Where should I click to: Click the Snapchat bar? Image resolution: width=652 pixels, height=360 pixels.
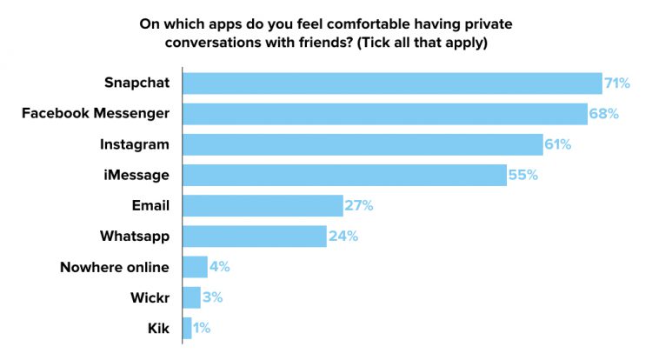click(392, 83)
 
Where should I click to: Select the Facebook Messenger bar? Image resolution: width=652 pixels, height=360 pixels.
click(385, 114)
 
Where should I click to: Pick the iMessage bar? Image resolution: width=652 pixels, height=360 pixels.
click(344, 175)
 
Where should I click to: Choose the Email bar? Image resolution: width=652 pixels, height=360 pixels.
click(263, 205)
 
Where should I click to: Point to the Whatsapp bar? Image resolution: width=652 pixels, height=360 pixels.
click(255, 236)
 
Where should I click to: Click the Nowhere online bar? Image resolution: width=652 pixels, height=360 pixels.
click(195, 266)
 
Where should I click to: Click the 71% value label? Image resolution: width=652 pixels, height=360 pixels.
click(617, 83)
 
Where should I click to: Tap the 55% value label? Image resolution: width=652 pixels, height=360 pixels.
click(522, 175)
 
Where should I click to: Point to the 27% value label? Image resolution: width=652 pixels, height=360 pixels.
click(358, 205)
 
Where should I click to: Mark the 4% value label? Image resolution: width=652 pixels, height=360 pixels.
click(219, 266)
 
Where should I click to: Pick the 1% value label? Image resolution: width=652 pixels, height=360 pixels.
click(202, 328)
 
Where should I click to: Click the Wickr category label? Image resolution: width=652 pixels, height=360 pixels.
click(150, 297)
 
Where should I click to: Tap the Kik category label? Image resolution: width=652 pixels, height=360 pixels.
click(157, 328)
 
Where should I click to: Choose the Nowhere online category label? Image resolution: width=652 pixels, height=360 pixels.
click(115, 266)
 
